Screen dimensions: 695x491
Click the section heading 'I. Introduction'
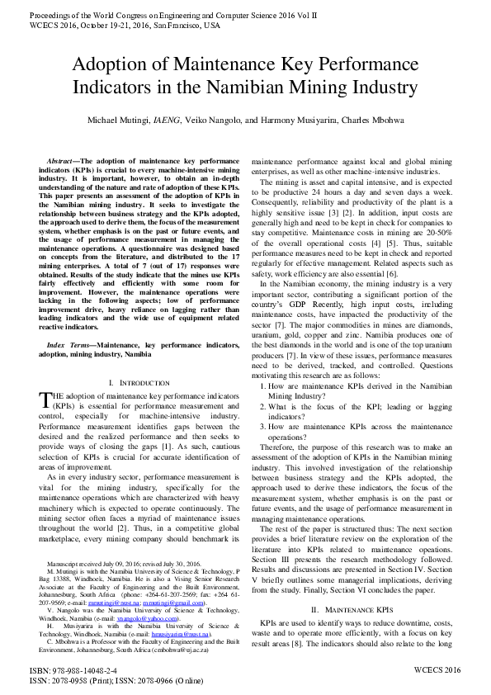(134, 382)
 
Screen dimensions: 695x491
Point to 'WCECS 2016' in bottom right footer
(437, 669)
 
